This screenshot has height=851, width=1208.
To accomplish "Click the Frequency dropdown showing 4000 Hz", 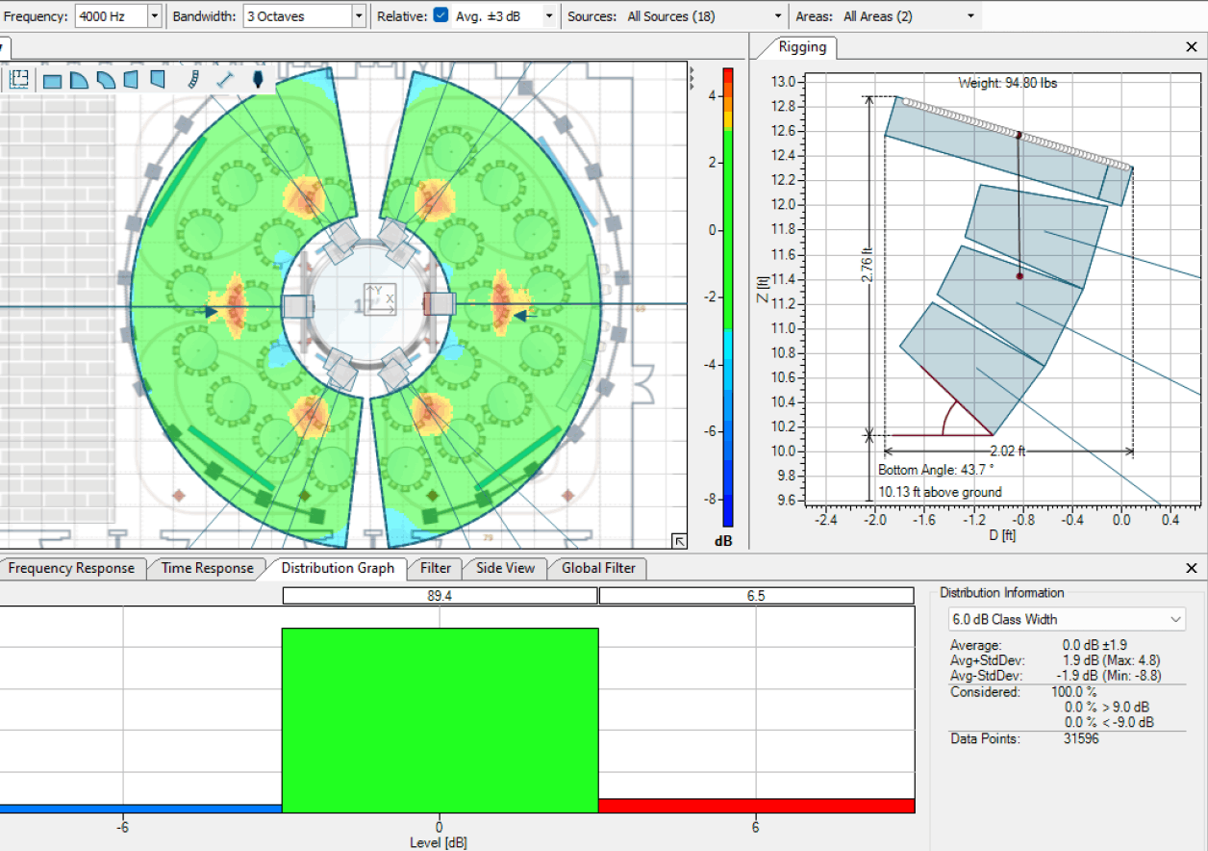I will [x=117, y=16].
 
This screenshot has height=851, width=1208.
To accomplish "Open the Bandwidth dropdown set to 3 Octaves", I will [x=305, y=16].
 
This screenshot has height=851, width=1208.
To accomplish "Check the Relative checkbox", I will [x=440, y=16].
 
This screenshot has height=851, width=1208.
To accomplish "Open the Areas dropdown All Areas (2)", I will [x=908, y=16].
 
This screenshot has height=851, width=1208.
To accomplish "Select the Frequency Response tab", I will [x=71, y=568].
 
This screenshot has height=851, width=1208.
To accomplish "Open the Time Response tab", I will [x=207, y=568].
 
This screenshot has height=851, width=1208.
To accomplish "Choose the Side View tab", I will [x=505, y=568].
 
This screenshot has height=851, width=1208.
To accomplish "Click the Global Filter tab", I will [x=598, y=568].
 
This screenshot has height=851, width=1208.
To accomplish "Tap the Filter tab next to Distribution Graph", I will [x=436, y=568].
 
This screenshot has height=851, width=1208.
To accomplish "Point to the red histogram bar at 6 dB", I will [x=756, y=805].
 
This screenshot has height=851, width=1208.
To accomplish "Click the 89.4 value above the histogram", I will [x=440, y=596].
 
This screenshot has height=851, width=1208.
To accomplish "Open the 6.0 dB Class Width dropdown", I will [x=1067, y=619].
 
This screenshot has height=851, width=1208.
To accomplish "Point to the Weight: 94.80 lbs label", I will [x=1007, y=83].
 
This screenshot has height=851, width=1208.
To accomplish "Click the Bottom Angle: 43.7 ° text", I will [x=936, y=470].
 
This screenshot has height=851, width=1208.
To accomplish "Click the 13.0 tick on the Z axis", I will [x=784, y=82].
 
